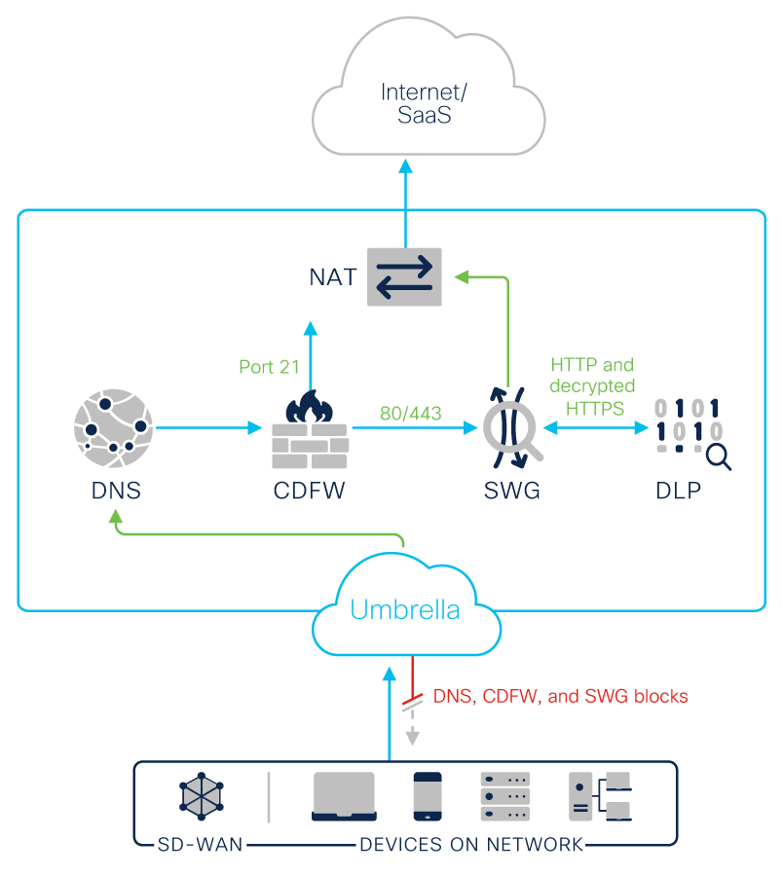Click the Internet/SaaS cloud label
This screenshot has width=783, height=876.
pyautogui.click(x=424, y=104)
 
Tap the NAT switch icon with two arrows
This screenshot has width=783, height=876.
pyautogui.click(x=404, y=276)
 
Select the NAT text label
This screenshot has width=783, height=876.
pyautogui.click(x=334, y=277)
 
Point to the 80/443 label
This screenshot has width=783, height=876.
pyautogui.click(x=410, y=414)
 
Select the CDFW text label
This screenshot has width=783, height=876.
pyautogui.click(x=309, y=491)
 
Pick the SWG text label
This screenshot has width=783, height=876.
pyautogui.click(x=512, y=491)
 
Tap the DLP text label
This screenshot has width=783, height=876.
pyautogui.click(x=678, y=491)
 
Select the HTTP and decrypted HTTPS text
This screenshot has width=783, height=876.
pyautogui.click(x=593, y=386)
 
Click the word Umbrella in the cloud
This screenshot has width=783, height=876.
pyautogui.click(x=404, y=611)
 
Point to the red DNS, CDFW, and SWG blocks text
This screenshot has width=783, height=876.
pyautogui.click(x=560, y=696)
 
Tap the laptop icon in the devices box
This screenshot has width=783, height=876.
pyautogui.click(x=344, y=796)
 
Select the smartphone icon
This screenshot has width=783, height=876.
pyautogui.click(x=428, y=796)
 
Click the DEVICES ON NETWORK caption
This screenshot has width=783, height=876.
pyautogui.click(x=471, y=844)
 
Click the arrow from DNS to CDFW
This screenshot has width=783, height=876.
pyautogui.click(x=209, y=426)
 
